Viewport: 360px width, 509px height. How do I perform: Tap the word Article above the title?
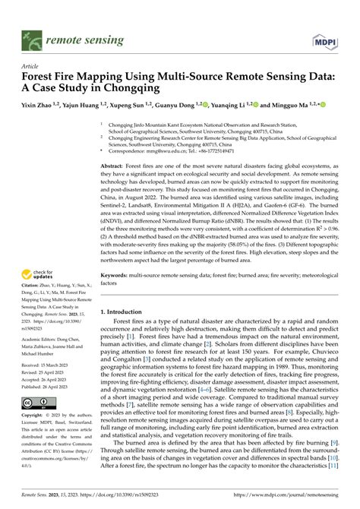coord(31,66)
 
